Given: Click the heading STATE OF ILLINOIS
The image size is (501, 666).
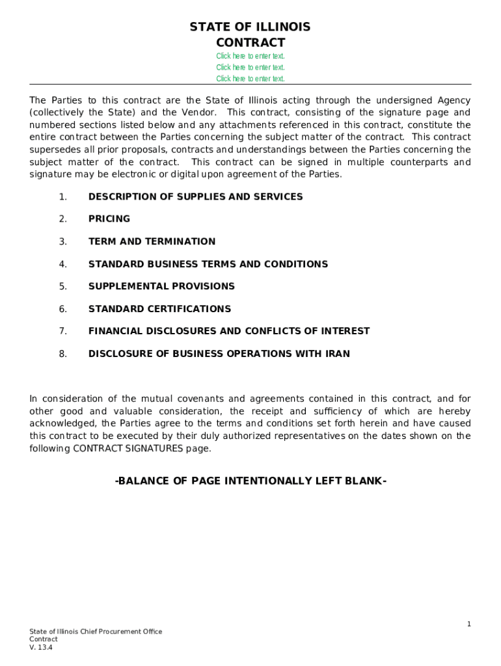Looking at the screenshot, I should (x=250, y=27).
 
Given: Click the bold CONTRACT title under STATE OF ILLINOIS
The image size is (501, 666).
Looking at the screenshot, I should (x=250, y=43).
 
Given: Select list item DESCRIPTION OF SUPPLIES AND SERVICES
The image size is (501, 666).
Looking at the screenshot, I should (x=195, y=196).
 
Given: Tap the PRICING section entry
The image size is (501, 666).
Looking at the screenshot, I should (x=109, y=219).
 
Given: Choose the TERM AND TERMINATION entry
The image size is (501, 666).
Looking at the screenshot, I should (x=152, y=241).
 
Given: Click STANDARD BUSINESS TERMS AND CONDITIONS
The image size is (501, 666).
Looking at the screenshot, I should (x=208, y=264).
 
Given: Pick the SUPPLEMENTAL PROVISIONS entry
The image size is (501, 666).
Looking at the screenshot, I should (x=161, y=286).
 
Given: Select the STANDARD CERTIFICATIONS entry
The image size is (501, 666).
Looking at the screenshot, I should (x=159, y=309).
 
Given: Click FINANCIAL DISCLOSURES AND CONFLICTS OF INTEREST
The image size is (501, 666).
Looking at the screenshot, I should (x=228, y=331).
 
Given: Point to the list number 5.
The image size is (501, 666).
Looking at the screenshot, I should (x=62, y=286).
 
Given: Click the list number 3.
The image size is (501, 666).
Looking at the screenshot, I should (x=62, y=241).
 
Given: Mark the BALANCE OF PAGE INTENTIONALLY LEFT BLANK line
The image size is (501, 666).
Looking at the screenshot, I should (x=251, y=481).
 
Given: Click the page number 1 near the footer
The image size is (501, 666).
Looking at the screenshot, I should (x=468, y=624).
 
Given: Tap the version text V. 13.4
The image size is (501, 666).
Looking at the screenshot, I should (x=40, y=647).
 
